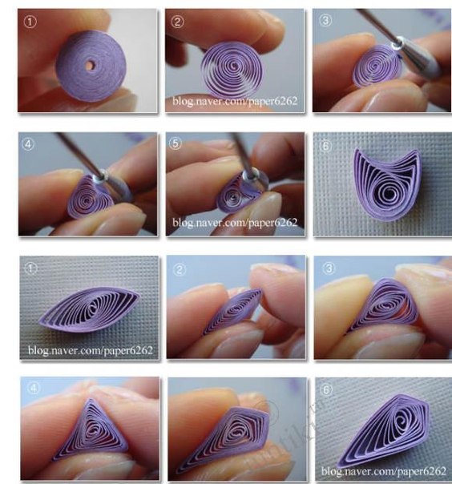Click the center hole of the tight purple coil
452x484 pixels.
point(90,66)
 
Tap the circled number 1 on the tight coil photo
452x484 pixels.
point(30,22)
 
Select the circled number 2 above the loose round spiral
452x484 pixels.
point(178,22)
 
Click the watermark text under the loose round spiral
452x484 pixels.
point(235,101)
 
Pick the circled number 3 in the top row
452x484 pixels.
point(325,21)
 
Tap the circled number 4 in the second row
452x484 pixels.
point(29,144)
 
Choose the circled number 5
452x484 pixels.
point(176,143)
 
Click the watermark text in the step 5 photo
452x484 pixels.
point(235,222)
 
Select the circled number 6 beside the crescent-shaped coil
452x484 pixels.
point(325,146)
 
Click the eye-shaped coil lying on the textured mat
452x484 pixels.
point(90,309)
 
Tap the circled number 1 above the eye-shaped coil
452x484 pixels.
point(31,268)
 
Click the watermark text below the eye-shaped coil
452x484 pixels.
point(90,350)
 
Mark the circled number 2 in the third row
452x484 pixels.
point(180,269)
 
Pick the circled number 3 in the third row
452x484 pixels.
point(329,268)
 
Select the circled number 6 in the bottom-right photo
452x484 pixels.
point(326,390)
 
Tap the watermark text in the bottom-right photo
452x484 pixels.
point(383,471)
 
